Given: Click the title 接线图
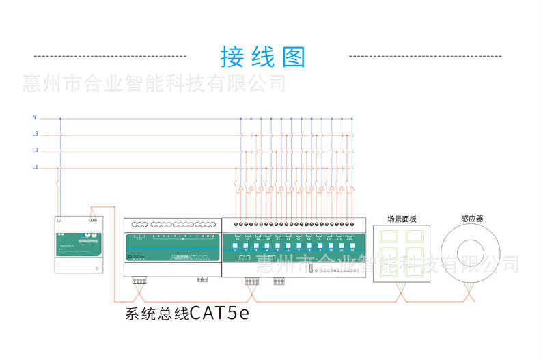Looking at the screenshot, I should (x=262, y=57).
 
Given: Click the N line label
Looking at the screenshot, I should (x=34, y=117).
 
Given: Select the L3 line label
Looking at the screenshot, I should (x=35, y=134).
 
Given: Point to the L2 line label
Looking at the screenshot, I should (x=35, y=150).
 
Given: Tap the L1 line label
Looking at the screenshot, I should (x=35, y=167).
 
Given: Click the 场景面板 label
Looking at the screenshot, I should (x=402, y=219).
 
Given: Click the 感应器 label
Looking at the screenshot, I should (x=472, y=219).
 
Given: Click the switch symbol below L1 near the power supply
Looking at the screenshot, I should (x=56, y=184).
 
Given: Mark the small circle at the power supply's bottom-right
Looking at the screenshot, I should (x=97, y=268).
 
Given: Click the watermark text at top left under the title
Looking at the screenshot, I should (x=154, y=83).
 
